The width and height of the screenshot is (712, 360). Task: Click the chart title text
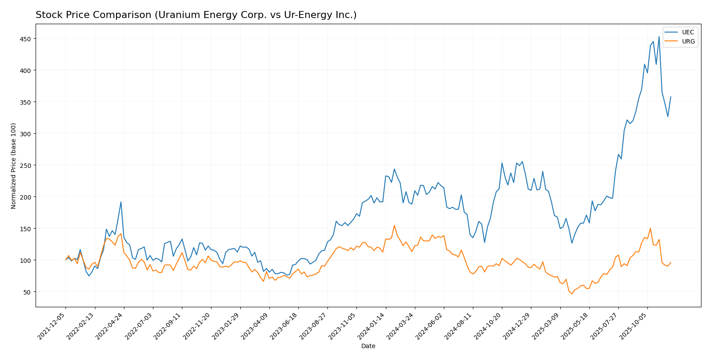tap(196, 15)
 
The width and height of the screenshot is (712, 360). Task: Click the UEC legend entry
tap(688, 33)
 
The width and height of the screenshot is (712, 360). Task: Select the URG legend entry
tap(688, 42)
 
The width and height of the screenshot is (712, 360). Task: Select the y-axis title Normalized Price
tap(14, 166)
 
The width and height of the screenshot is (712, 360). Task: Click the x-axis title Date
tap(368, 346)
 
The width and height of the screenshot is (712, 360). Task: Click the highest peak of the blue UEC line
tap(659, 36)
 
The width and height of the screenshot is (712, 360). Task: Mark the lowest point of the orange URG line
tap(572, 294)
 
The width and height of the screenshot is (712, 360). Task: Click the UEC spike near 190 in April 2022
tap(121, 202)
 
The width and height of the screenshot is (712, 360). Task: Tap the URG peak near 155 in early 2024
tap(394, 225)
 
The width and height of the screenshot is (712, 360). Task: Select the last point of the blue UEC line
tap(671, 97)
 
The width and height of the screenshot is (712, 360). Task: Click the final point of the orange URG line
tap(671, 262)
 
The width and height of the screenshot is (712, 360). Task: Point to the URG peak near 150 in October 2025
tap(650, 228)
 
